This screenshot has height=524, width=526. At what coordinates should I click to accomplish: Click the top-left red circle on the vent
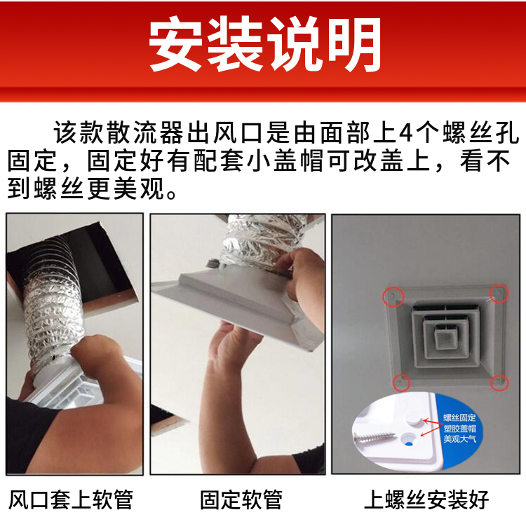coord(393,296)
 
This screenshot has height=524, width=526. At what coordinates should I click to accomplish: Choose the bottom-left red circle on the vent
coord(401,382)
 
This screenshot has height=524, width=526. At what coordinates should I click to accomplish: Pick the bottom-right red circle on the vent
coord(499,382)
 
